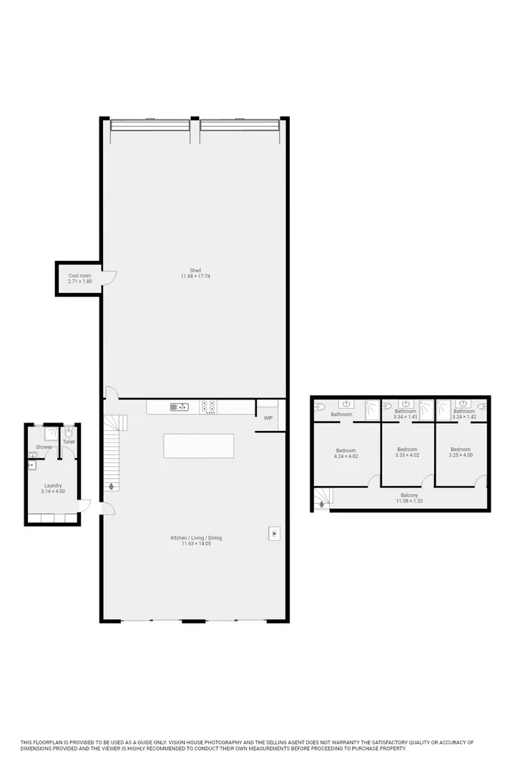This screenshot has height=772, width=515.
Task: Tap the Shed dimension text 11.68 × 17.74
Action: click(x=195, y=276)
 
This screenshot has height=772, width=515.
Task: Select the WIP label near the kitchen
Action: click(x=268, y=417)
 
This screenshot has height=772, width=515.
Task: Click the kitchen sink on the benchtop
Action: click(x=179, y=407)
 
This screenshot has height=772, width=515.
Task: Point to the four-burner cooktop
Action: click(x=209, y=407)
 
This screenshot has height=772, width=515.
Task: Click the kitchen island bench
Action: click(x=199, y=445)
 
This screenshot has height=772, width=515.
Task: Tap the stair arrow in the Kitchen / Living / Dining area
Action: click(x=112, y=487)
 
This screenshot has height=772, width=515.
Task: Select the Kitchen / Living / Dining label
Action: click(x=196, y=538)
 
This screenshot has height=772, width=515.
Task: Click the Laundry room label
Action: click(x=53, y=485)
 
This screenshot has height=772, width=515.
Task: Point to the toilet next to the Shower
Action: click(x=68, y=432)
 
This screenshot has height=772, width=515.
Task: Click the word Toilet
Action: click(x=69, y=442)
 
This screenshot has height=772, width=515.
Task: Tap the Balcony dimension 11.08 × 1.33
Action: click(x=409, y=501)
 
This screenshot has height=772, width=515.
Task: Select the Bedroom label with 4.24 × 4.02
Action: click(x=346, y=450)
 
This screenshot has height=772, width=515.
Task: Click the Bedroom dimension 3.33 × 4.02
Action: click(x=407, y=455)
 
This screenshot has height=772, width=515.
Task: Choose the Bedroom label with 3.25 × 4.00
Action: click(x=461, y=449)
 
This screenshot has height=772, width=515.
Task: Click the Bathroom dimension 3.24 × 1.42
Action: click(x=463, y=417)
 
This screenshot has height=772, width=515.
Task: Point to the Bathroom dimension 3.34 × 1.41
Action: click(x=405, y=417)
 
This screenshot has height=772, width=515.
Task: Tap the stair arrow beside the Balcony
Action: click(x=321, y=504)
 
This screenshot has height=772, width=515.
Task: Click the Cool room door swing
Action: click(x=109, y=278)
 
